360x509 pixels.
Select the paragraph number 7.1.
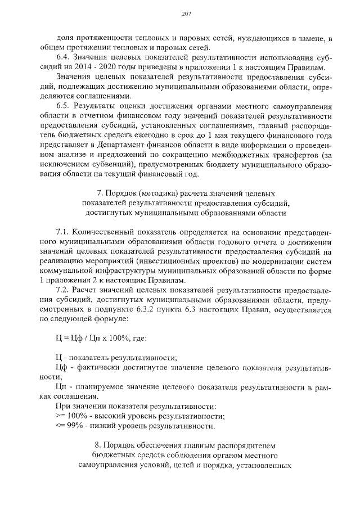click(63, 233)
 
